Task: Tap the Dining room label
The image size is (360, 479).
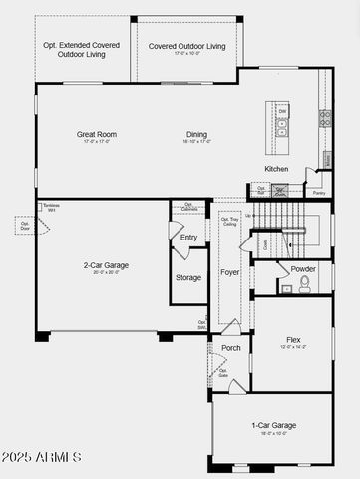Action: (196, 134)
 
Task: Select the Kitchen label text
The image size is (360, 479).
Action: (276, 169)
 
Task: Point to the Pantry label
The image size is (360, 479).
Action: (319, 193)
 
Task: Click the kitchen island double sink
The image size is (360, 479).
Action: (282, 127)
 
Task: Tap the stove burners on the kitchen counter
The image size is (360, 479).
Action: (324, 117)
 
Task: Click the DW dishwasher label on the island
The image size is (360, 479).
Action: (282, 111)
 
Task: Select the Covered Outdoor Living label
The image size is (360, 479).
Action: (186, 46)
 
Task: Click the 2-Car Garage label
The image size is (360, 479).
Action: (105, 265)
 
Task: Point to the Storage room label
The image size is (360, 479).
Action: (188, 278)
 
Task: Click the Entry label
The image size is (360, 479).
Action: (188, 238)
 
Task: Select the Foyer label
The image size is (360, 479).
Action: (229, 271)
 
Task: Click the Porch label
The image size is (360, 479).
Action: (230, 348)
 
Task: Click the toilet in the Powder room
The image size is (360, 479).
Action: (304, 283)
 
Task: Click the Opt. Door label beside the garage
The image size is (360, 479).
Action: (24, 225)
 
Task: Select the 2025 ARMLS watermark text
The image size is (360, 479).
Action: (42, 457)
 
